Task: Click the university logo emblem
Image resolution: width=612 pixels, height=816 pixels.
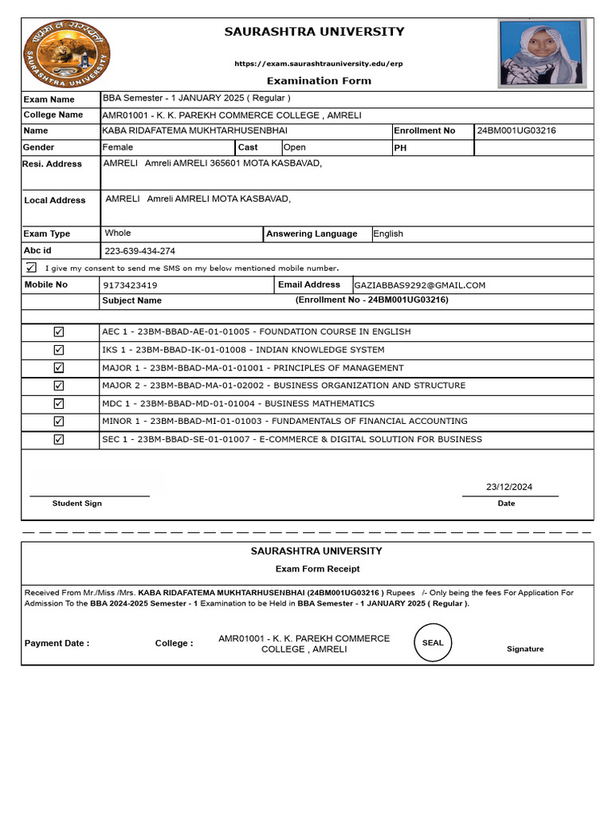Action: point(66,55)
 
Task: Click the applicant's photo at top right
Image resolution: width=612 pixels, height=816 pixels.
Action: point(541,53)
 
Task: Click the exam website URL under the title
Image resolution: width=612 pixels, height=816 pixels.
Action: point(318,63)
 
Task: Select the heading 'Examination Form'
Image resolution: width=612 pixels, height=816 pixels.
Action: point(318,80)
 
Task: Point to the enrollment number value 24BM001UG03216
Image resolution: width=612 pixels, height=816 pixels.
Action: point(516,131)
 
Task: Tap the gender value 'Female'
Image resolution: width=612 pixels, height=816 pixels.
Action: point(118,147)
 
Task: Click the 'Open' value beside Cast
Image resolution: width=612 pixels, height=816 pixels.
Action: point(295,147)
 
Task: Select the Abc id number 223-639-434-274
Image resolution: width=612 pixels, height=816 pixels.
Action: point(139,251)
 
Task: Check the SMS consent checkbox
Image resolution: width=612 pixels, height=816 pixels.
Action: point(31,267)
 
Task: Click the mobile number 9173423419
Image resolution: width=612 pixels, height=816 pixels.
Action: point(131,284)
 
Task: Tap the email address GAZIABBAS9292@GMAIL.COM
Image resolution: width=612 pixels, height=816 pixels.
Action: point(420,284)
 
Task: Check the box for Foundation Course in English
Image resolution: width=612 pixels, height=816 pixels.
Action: point(59,331)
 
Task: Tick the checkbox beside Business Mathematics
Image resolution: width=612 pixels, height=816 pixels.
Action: point(59,403)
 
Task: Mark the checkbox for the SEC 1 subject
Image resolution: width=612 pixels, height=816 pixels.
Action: point(59,439)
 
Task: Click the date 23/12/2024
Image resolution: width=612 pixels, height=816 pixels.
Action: point(509,487)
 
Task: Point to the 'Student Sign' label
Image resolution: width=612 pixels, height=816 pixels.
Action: point(77,504)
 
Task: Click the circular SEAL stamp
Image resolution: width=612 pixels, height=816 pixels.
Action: point(433,643)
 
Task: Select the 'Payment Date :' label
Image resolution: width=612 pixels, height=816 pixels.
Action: point(57,643)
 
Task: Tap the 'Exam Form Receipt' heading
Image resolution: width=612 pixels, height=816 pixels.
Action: point(317,569)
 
